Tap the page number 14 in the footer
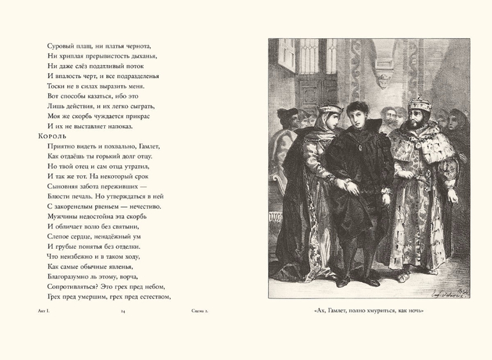(123, 311)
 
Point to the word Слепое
(61, 236)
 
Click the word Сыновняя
(66, 186)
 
